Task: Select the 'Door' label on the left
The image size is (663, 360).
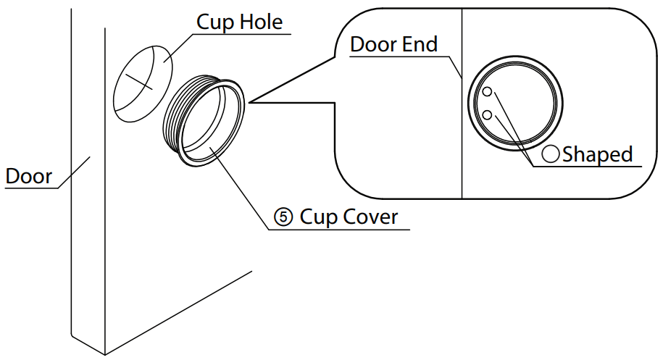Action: (x=28, y=176)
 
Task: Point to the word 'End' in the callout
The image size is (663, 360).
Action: (x=420, y=44)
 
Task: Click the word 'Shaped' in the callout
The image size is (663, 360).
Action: (x=598, y=154)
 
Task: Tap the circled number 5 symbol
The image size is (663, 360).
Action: (x=283, y=217)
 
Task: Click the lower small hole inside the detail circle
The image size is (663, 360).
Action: (x=488, y=114)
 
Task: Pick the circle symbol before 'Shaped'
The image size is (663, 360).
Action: (x=552, y=154)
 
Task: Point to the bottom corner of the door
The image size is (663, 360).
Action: (x=106, y=353)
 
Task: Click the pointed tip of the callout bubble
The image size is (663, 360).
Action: (x=250, y=102)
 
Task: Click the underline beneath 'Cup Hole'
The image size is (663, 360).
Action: (x=243, y=33)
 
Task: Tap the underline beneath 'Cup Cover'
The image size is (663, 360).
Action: (x=341, y=230)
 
